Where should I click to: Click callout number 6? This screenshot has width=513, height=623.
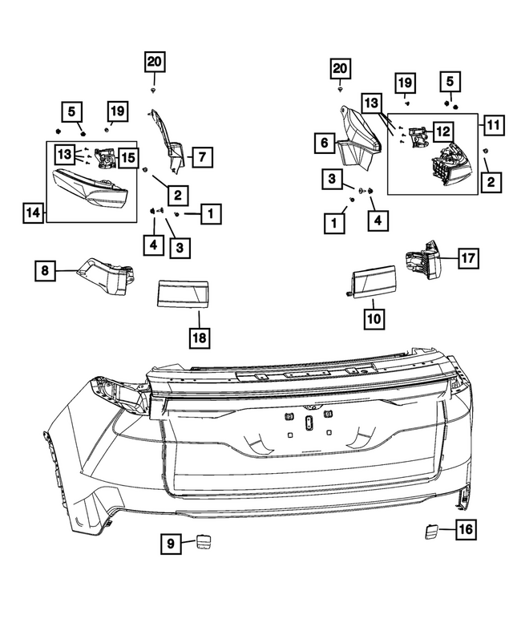tap(324, 144)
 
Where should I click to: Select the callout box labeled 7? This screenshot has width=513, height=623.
tap(201, 156)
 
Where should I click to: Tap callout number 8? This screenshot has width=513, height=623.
tap(46, 272)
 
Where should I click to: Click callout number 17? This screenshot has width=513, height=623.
tap(468, 257)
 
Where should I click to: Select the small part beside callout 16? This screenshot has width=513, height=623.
tap(431, 529)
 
